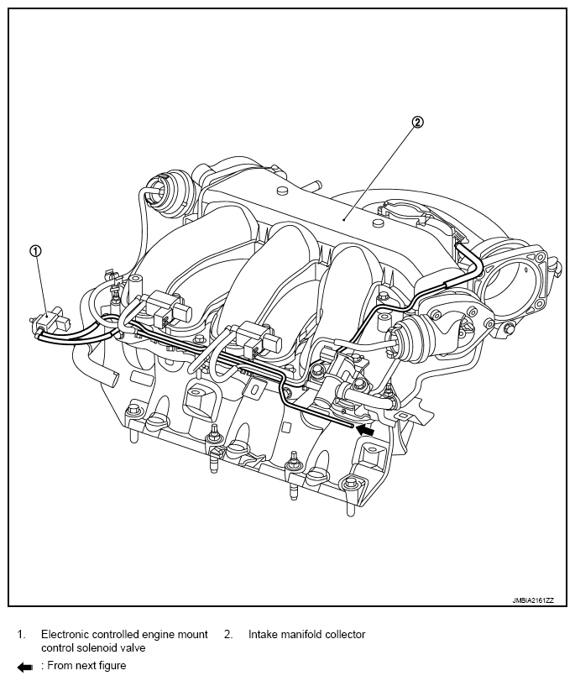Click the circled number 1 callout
[x=35, y=249]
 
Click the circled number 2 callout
[x=417, y=122]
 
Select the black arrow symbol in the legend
[x=24, y=666]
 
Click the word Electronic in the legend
[x=66, y=634]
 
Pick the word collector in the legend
[x=345, y=634]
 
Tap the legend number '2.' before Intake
[x=228, y=634]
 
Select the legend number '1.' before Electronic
[x=22, y=634]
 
